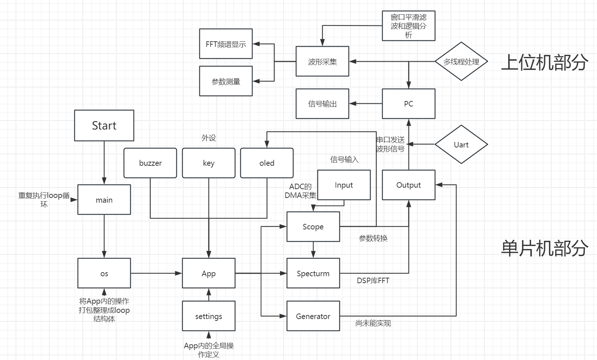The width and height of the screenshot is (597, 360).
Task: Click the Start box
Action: (104, 125)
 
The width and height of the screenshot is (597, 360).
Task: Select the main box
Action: (104, 200)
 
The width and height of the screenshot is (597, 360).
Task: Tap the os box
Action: (104, 273)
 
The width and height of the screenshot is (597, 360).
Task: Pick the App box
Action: (209, 273)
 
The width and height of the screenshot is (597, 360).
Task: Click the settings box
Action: (209, 316)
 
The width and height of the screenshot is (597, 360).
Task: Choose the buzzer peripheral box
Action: (150, 163)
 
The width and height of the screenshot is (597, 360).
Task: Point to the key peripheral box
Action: (209, 163)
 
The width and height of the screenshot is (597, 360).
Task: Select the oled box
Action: (267, 163)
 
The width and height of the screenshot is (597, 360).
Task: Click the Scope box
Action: (313, 227)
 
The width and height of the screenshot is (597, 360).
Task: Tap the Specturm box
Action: (313, 273)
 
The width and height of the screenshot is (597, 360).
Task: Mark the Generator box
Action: (313, 316)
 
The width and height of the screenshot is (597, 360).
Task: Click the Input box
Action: (344, 185)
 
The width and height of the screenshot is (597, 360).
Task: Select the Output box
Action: (409, 185)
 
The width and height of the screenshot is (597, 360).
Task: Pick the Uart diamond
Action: (461, 145)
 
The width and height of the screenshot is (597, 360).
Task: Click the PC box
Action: (409, 104)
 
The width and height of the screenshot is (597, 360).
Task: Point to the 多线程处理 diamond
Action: (461, 61)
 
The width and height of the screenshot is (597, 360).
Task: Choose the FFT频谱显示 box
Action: (226, 44)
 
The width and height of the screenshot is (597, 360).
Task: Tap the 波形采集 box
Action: (322, 61)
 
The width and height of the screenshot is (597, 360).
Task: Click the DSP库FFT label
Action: (373, 281)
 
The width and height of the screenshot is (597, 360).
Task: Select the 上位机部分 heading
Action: (544, 62)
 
